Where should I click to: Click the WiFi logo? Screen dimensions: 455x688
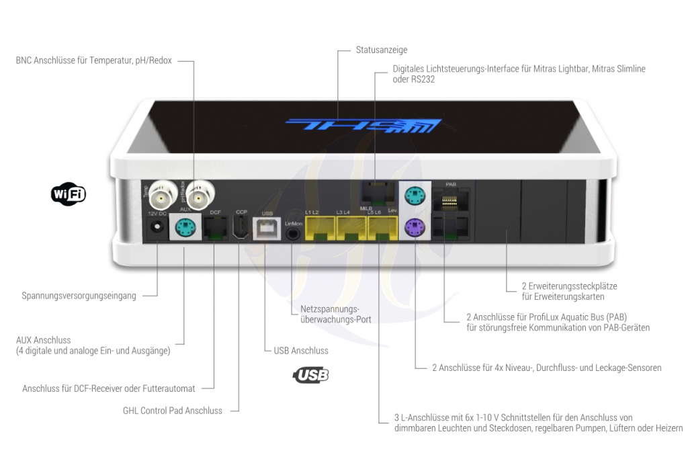tap(68, 194)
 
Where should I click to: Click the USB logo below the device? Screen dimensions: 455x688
tap(311, 375)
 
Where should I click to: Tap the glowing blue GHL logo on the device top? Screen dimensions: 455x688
tap(363, 125)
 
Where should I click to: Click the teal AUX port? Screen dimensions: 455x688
tap(183, 227)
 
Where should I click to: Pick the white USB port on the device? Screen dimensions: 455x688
tap(266, 228)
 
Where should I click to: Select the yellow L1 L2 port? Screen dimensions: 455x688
tap(319, 229)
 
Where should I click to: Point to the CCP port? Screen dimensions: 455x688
tap(241, 229)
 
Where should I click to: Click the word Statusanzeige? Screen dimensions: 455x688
tap(382, 50)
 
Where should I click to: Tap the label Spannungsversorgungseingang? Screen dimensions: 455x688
tap(79, 295)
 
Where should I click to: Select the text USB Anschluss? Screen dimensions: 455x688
tap(301, 350)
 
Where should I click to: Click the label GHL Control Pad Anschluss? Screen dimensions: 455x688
tap(172, 411)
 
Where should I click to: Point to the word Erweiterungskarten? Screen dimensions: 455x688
tap(563, 296)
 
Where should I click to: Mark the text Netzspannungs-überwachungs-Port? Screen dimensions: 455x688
tap(335, 315)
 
